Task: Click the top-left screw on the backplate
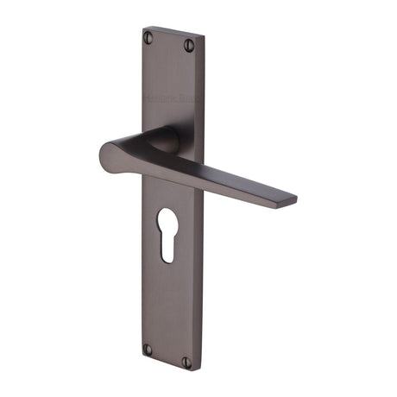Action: coord(148,37)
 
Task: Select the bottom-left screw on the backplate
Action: coord(148,349)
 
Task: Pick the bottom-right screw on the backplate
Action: coord(187,362)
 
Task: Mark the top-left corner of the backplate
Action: coord(143,28)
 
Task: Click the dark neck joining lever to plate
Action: coord(164,141)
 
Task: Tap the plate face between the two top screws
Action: coord(169,42)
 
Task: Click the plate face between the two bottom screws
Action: coord(167,356)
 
